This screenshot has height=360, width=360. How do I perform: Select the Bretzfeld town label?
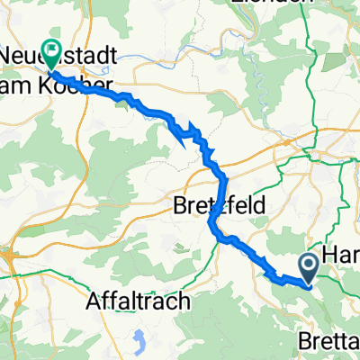(x=219, y=206)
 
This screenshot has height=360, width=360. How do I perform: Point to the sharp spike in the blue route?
(x=191, y=126)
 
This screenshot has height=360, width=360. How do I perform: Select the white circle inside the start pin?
(x=307, y=264)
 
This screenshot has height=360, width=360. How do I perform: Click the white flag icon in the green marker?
(x=51, y=51)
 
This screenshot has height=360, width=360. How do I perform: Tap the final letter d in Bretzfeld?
(x=260, y=206)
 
